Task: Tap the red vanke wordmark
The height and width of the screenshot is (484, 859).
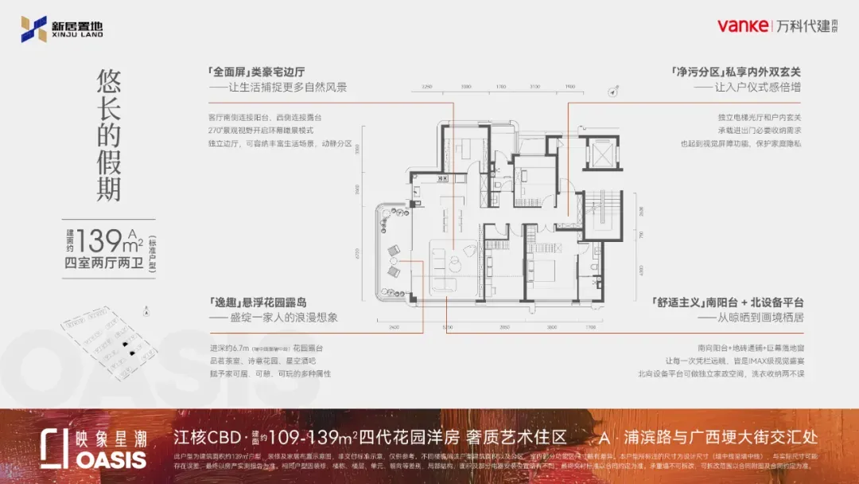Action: (x=742, y=26)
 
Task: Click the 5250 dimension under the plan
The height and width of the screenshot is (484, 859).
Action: (x=447, y=327)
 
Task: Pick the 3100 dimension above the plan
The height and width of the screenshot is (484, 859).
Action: (x=534, y=85)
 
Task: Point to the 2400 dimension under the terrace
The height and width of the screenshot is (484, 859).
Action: (x=394, y=327)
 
